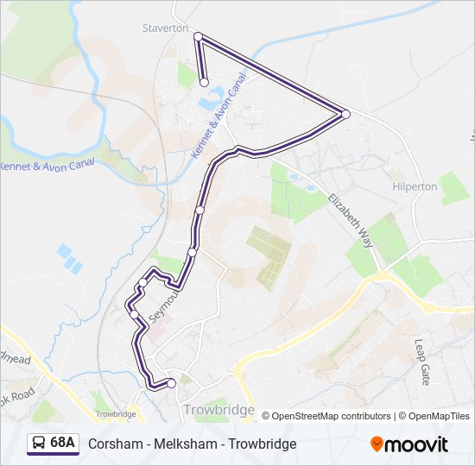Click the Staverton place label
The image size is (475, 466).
165,28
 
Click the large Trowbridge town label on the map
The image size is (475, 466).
218,410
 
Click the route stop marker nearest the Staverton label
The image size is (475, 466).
198,36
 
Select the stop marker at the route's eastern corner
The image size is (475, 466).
345,114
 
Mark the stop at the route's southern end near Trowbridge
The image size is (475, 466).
171,383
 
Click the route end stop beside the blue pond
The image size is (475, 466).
205,83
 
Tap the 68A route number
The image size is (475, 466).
62,444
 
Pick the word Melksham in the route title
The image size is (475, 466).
181,444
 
